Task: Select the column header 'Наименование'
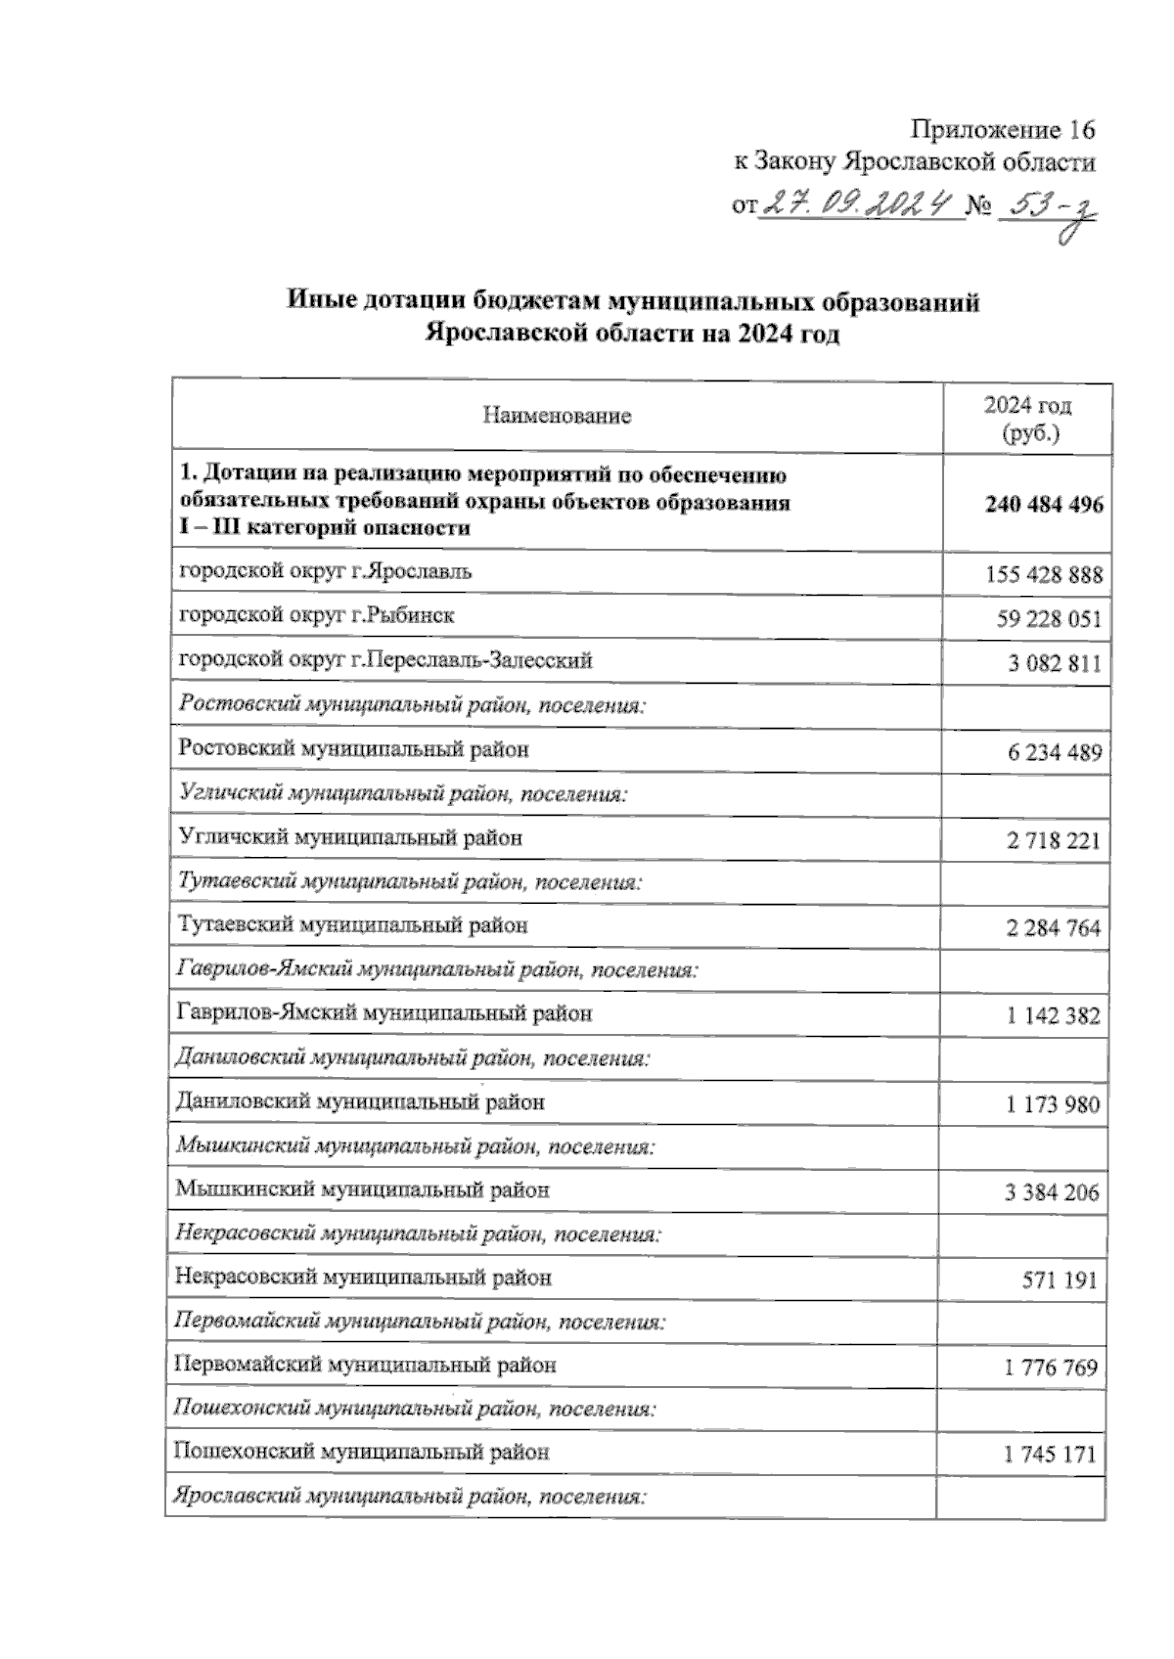557,417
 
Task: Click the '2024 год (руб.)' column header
1026,420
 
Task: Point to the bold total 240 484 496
1044,505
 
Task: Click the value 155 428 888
1043,575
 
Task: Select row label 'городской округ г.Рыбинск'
316,615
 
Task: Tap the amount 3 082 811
1054,664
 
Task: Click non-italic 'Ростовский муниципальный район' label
353,749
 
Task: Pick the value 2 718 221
1053,840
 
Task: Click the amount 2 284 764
1053,928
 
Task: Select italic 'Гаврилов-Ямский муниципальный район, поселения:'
437,970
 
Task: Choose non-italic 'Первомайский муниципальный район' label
364,1365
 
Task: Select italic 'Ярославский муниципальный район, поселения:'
409,1497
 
